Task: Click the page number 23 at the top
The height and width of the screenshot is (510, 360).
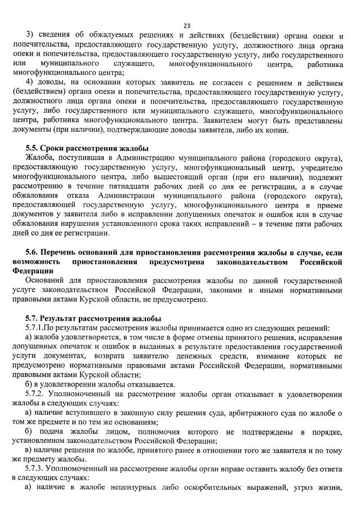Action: pos(186,25)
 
